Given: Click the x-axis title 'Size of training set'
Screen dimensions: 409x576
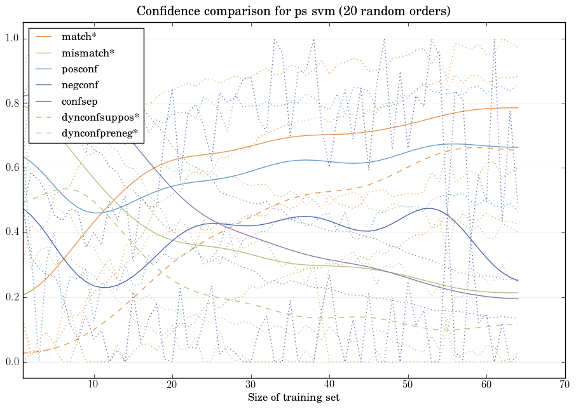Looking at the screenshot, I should pos(293,398).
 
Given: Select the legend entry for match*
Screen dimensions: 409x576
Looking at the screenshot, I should pos(79,36).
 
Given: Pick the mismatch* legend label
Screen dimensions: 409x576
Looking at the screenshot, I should pos(88,52).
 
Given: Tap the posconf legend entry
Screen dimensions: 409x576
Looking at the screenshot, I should pos(79,69).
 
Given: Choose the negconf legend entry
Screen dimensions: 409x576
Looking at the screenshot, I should pos(79,84).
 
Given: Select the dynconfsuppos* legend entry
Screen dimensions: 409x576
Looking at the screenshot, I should pos(100,117).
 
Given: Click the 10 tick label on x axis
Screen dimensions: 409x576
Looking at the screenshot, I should pos(93,385).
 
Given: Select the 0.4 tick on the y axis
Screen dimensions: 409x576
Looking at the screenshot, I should pos(11,233).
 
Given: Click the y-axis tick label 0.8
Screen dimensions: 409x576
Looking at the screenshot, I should pos(11,104).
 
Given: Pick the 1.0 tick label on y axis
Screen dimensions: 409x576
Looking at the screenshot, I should pos(11,39).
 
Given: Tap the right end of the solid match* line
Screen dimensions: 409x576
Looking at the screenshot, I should pos(518,108).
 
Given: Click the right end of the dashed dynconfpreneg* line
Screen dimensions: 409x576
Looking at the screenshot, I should pos(518,325).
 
